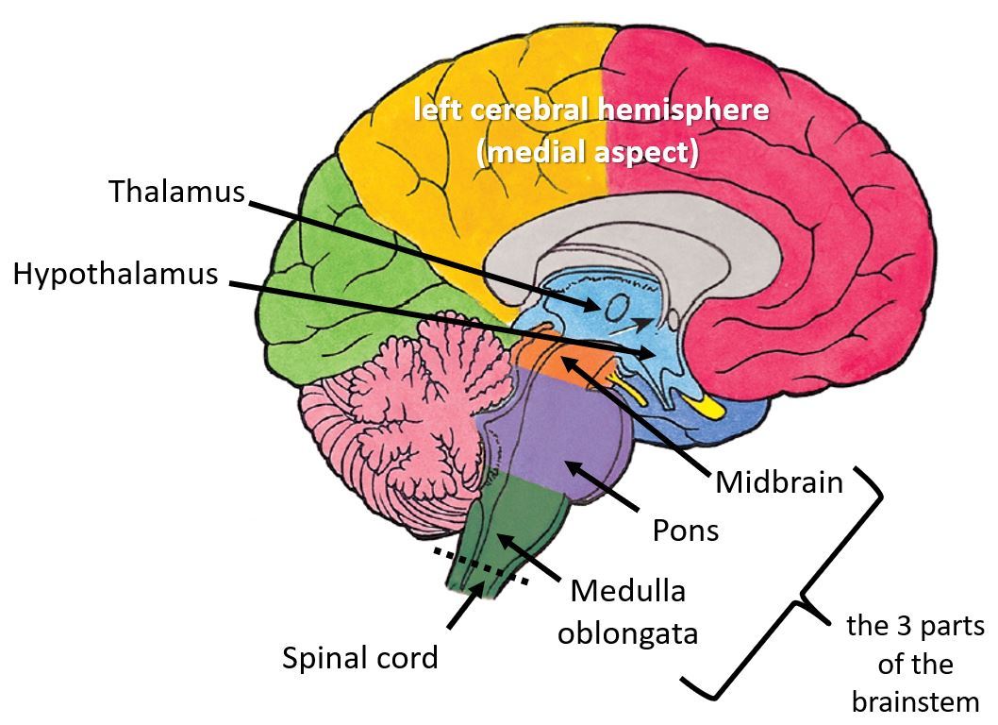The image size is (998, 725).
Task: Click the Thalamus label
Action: pyautogui.click(x=176, y=191)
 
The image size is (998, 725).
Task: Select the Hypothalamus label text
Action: pyautogui.click(x=115, y=275)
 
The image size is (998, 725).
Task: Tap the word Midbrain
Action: pyautogui.click(x=778, y=482)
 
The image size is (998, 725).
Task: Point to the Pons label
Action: pyautogui.click(x=685, y=530)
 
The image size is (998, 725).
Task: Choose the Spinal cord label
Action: pyautogui.click(x=360, y=657)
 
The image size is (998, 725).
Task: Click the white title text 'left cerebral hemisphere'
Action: pyautogui.click(x=591, y=110)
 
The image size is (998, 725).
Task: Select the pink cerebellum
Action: pyautogui.click(x=396, y=406)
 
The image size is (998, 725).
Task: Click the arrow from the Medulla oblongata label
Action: pyautogui.click(x=529, y=556)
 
